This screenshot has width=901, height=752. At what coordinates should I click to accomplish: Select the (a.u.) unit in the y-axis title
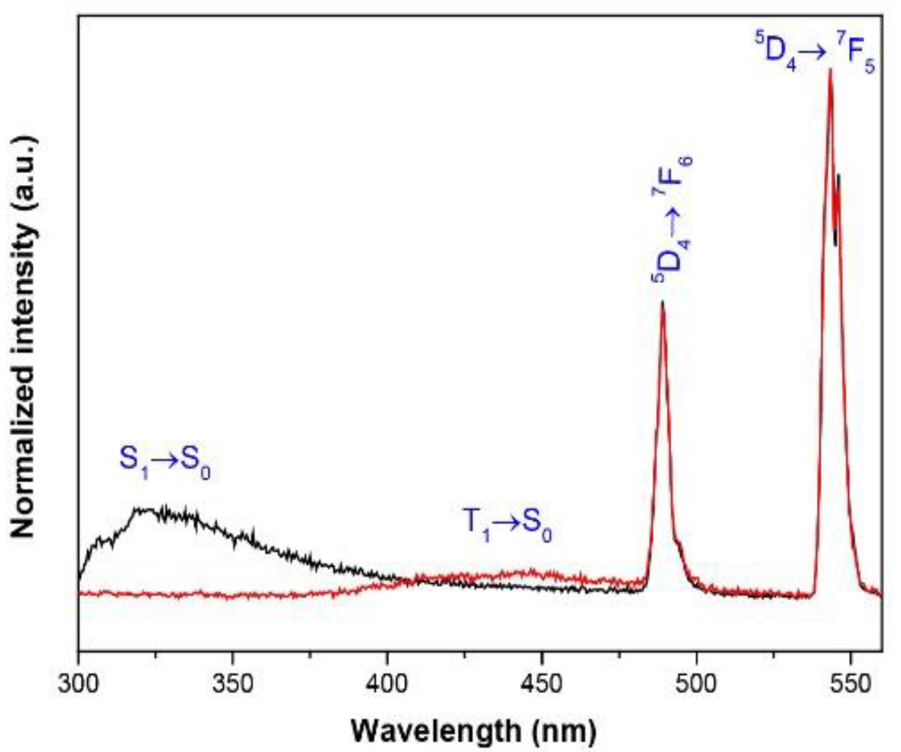(24, 172)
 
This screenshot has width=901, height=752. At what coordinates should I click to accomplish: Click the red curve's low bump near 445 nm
(528, 573)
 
